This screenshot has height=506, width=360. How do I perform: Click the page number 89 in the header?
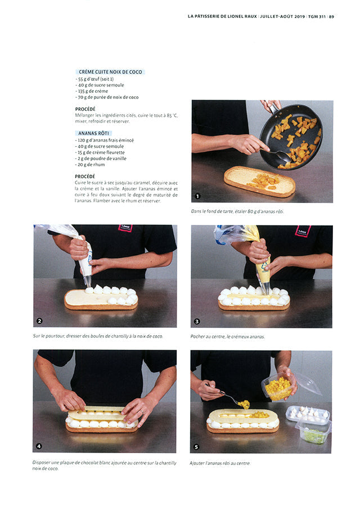[332, 16]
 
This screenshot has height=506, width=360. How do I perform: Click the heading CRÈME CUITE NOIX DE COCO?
[110, 72]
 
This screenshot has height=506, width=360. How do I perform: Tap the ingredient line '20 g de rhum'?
[90, 165]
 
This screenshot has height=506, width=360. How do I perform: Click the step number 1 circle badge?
[197, 196]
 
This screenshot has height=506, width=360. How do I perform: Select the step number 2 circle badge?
[39, 321]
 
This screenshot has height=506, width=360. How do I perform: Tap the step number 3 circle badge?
[197, 322]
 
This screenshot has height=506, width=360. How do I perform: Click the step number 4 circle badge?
[39, 446]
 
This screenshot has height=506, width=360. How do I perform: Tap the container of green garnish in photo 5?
[312, 433]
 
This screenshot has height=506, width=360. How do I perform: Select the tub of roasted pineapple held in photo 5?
[278, 387]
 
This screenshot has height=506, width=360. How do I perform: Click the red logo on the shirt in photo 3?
[303, 231]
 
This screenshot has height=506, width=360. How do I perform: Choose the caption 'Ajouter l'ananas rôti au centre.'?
[220, 463]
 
